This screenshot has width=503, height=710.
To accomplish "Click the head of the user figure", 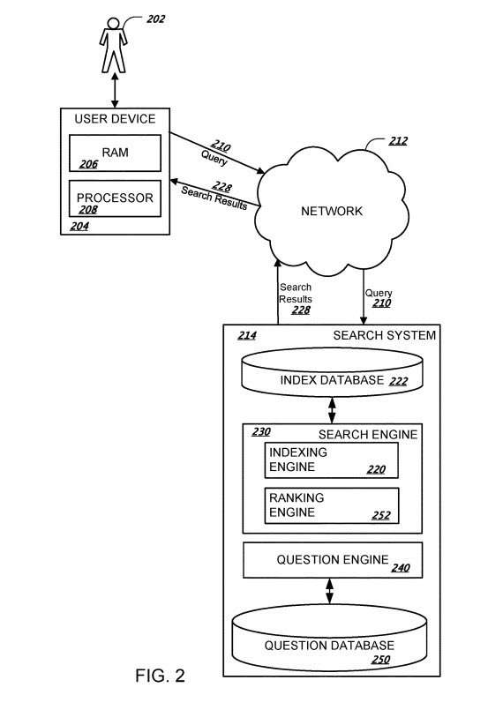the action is pos(113,23).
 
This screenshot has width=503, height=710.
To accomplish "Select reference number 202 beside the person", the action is pos(155,19).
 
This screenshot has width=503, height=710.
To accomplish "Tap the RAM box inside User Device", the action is pos(115,153).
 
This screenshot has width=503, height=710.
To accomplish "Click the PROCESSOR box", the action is pos(115,198).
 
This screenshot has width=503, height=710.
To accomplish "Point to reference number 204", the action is pos(79,226).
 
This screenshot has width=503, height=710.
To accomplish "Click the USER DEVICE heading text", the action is pos(115,119).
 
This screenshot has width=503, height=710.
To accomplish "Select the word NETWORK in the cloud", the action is pos(332,211).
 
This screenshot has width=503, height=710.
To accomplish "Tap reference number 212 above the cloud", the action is pos(398,141).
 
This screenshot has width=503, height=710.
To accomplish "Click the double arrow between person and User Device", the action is pos(115,90).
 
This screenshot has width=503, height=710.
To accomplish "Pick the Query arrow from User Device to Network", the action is pos(217,153).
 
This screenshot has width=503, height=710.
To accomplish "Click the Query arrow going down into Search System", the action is pos(363,297).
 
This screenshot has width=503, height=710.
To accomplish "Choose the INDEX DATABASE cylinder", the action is pos(332,372).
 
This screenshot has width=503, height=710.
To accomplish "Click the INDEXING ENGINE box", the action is pos(332,460).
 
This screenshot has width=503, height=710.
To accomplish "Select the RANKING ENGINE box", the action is pos(332,505).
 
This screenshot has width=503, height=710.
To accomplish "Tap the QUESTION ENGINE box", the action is pos(333,560).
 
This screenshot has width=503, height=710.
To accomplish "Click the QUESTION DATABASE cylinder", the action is pos(329,638).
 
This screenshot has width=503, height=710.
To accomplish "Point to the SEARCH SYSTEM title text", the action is pos(384,335).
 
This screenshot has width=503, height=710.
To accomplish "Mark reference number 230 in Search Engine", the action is pos(261,431).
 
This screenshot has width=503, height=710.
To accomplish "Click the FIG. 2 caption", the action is pos(160,676).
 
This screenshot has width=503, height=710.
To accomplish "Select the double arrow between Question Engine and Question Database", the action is pos(329,591).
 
